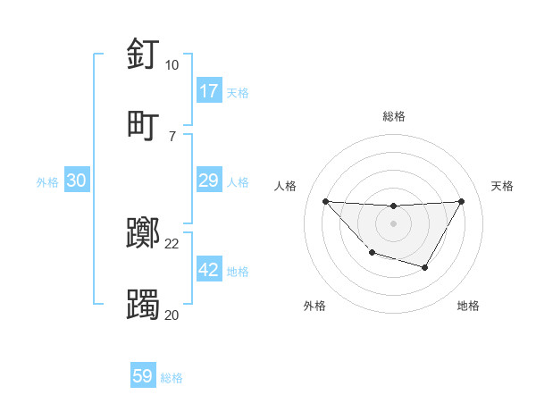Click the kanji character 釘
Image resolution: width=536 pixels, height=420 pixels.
tap(144, 55)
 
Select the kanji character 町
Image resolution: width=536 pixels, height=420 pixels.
tap(144, 124)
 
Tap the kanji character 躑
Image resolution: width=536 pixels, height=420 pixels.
tap(144, 234)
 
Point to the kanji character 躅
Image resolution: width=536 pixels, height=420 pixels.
tap(144, 303)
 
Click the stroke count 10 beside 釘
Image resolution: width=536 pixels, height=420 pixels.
tap(172, 65)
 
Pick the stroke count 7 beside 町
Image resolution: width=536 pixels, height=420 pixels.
tap(172, 135)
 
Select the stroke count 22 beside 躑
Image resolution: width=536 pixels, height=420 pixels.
tap(172, 244)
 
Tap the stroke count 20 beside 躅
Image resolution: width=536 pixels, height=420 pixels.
tap(172, 314)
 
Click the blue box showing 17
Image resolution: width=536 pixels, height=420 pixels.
tap(208, 91)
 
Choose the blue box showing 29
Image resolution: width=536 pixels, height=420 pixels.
tap(208, 181)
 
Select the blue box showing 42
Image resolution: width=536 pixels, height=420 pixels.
tap(208, 270)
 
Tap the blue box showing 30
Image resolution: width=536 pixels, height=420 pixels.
tap(76, 181)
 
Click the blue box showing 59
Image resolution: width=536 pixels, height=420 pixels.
tap(143, 376)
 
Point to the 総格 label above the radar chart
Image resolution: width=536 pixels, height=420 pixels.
tap(394, 116)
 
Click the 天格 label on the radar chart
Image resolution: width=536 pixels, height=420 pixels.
tap(503, 186)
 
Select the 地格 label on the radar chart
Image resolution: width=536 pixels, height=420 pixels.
tap(468, 306)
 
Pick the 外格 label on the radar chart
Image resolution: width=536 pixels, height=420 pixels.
tap(314, 306)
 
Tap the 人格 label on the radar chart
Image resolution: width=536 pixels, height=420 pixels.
tap(286, 186)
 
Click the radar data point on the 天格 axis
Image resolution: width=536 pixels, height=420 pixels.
tap(461, 201)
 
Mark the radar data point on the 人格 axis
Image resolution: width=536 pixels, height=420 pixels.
tap(325, 201)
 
